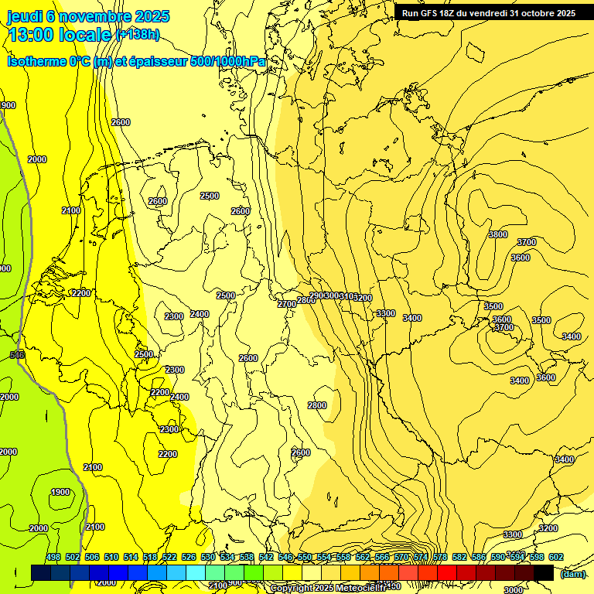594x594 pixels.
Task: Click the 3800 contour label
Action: click(x=498, y=234)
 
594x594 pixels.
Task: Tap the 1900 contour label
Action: click(x=60, y=493)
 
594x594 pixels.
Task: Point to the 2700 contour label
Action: click(x=286, y=305)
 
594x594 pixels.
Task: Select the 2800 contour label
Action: click(x=317, y=405)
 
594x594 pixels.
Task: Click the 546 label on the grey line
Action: click(x=17, y=354)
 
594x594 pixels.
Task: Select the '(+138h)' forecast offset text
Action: click(x=137, y=35)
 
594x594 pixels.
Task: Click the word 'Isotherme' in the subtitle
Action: click(x=36, y=61)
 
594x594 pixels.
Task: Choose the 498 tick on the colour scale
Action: click(x=53, y=557)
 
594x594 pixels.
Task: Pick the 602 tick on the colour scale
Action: click(x=556, y=557)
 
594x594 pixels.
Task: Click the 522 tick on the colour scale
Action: click(x=169, y=557)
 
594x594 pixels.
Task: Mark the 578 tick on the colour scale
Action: click(x=440, y=557)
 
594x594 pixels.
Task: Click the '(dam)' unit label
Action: click(x=572, y=573)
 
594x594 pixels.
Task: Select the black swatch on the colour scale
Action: click(x=544, y=572)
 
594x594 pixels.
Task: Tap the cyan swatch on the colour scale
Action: click(x=196, y=572)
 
